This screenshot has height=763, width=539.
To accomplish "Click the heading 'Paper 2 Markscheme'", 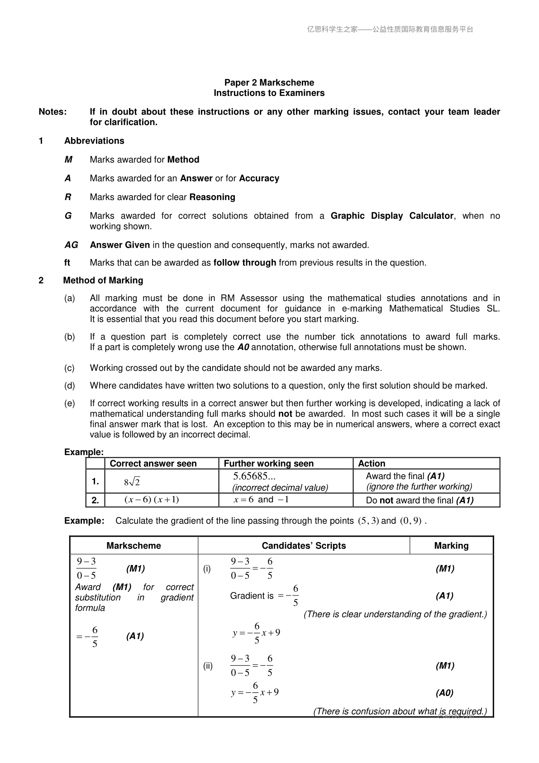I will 269,82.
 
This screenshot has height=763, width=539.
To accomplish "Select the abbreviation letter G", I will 68,216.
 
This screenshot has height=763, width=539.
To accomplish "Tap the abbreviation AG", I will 71,245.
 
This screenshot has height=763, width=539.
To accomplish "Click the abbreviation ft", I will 67,263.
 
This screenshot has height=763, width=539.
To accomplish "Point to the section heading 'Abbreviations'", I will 94,141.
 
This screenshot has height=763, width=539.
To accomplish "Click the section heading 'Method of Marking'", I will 103,280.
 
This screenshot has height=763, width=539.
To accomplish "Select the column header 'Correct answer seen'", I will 153,463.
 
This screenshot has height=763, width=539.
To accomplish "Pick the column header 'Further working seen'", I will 269,463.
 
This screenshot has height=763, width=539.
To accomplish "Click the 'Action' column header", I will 372,463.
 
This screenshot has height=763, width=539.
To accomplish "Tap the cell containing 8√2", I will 132,482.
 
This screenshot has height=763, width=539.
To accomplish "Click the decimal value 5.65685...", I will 254,476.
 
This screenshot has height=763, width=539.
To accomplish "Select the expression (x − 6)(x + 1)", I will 152,500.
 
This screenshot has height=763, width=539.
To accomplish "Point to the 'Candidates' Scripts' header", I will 304,546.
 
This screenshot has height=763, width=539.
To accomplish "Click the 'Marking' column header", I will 451,546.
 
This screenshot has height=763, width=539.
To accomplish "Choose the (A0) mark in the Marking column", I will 444,693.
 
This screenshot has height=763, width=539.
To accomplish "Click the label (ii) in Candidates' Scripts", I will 208,666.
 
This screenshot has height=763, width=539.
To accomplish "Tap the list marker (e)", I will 70,403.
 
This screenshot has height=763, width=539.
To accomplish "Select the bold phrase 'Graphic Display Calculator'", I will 392,216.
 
